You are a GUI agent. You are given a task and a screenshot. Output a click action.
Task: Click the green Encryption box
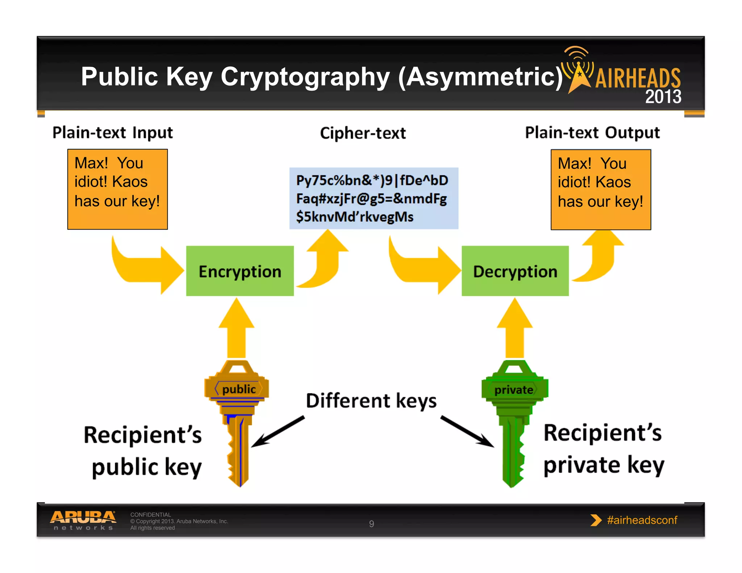[x=240, y=271]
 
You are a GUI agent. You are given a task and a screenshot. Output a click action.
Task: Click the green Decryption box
[x=515, y=271]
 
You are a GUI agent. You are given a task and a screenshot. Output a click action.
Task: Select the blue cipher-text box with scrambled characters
[x=374, y=198]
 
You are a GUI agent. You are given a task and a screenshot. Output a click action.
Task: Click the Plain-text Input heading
[x=113, y=133]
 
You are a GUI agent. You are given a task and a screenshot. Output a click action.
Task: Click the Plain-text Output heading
[x=592, y=133]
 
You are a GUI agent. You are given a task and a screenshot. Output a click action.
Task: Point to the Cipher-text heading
[x=363, y=133]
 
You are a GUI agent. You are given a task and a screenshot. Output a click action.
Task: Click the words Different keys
[x=371, y=401]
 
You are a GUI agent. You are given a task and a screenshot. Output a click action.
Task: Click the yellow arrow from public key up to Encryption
[x=237, y=330]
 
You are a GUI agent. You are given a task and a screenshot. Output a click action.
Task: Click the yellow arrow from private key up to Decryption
[x=514, y=330]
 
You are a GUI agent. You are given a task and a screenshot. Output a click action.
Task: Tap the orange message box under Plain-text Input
[x=117, y=189]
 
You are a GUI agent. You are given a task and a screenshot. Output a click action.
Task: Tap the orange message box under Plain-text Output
[x=601, y=189]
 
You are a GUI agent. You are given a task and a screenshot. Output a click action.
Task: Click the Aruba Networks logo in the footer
[x=83, y=520]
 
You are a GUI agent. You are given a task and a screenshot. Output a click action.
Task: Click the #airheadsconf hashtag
[x=642, y=520]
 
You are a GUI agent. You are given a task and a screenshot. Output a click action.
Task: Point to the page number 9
[x=371, y=524]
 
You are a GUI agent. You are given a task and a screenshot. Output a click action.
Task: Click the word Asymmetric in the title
[x=480, y=77]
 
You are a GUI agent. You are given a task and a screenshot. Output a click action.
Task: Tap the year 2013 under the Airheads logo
[x=663, y=97]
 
